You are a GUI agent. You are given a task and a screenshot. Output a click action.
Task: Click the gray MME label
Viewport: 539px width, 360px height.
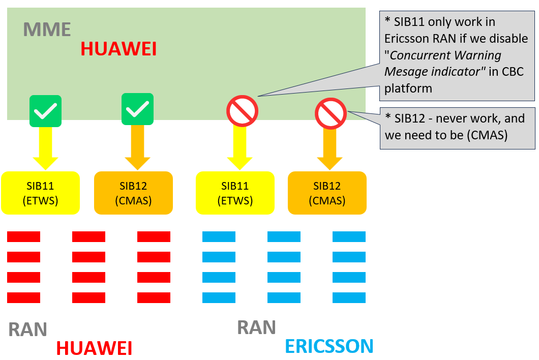pyautogui.click(x=47, y=29)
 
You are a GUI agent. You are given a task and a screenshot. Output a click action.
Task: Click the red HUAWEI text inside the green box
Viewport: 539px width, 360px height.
pyautogui.click(x=118, y=49)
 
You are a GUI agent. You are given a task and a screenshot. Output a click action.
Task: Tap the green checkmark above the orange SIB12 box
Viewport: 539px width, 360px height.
pyautogui.click(x=137, y=109)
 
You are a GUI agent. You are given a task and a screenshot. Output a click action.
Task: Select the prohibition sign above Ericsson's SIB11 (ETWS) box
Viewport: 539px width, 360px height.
pyautogui.click(x=243, y=111)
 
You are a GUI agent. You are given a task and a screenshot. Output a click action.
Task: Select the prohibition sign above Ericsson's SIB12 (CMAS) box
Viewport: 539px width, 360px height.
pyautogui.click(x=331, y=113)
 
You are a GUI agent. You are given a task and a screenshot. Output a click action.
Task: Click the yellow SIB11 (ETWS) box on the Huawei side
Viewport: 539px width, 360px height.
pyautogui.click(x=41, y=193)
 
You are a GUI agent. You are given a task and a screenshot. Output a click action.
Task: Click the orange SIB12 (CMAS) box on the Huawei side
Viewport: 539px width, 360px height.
pyautogui.click(x=133, y=193)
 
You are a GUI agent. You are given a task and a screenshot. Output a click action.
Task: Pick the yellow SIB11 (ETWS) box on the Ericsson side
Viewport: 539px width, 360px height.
pyautogui.click(x=235, y=193)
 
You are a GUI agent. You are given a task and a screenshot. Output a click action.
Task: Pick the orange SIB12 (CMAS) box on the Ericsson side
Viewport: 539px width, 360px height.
pyautogui.click(x=327, y=193)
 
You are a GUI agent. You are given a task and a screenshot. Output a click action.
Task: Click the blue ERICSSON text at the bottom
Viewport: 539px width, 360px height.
pyautogui.click(x=329, y=346)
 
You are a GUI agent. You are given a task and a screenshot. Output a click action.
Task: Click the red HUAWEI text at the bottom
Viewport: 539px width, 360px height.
pyautogui.click(x=94, y=348)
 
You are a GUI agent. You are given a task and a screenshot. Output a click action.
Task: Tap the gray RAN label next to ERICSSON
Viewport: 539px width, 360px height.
pyautogui.click(x=256, y=327)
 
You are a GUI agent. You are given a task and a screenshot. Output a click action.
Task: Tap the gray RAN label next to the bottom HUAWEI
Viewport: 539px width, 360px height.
pyautogui.click(x=27, y=330)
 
